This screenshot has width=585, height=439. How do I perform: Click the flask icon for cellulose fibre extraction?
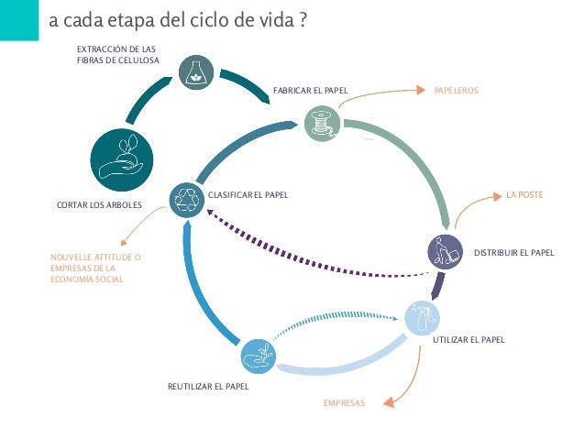pyautogui.click(x=196, y=71)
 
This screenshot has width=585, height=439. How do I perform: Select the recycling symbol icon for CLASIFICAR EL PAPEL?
pyautogui.click(x=187, y=199)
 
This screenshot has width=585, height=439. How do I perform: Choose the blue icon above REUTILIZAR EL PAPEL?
pyautogui.click(x=257, y=357)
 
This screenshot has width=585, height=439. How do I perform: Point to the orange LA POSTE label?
pyautogui.click(x=524, y=195)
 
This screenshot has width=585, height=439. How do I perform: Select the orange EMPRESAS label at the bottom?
pyautogui.click(x=344, y=403)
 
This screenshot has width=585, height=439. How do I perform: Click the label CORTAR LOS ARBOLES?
pyautogui.click(x=99, y=204)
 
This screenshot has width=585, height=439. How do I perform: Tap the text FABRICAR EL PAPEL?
pyautogui.click(x=310, y=91)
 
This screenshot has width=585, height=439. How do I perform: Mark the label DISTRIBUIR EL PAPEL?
pyautogui.click(x=513, y=252)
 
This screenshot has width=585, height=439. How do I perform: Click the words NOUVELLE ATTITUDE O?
pyautogui.click(x=95, y=258)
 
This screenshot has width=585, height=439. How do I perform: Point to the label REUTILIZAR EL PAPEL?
pyautogui.click(x=208, y=387)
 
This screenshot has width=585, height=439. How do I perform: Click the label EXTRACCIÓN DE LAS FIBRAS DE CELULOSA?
pyautogui.click(x=117, y=54)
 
